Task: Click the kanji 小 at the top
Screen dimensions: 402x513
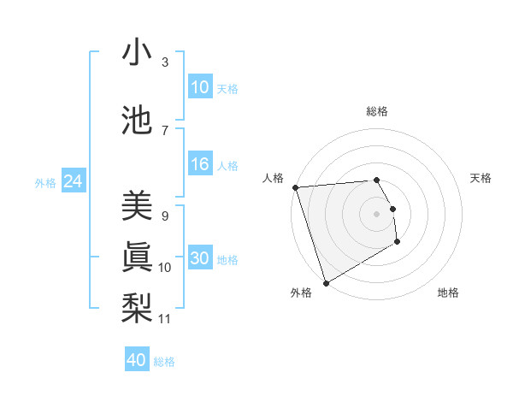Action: [138, 53]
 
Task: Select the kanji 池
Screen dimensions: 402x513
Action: [138, 119]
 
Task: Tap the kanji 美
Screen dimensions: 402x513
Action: [138, 205]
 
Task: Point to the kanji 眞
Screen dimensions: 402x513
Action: [138, 256]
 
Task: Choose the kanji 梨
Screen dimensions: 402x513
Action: [138, 305]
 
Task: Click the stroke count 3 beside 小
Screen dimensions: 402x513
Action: [165, 62]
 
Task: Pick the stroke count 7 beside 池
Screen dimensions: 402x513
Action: [165, 130]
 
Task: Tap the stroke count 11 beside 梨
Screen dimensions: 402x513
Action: [165, 319]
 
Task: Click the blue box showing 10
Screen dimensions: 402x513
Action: [200, 87]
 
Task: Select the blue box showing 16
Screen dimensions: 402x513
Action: [200, 165]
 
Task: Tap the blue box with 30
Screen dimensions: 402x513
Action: [200, 259]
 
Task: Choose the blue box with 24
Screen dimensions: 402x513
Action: [73, 181]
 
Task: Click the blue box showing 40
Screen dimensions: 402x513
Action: [137, 360]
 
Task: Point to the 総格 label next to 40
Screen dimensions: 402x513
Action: [164, 362]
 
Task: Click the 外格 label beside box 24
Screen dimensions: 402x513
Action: [45, 183]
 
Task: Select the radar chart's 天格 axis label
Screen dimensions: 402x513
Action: [481, 178]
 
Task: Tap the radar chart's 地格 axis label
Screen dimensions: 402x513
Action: [448, 293]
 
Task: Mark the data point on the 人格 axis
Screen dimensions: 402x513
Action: [295, 187]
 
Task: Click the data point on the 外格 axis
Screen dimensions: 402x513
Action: [326, 282]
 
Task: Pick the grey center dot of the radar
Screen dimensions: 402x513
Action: [376, 213]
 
